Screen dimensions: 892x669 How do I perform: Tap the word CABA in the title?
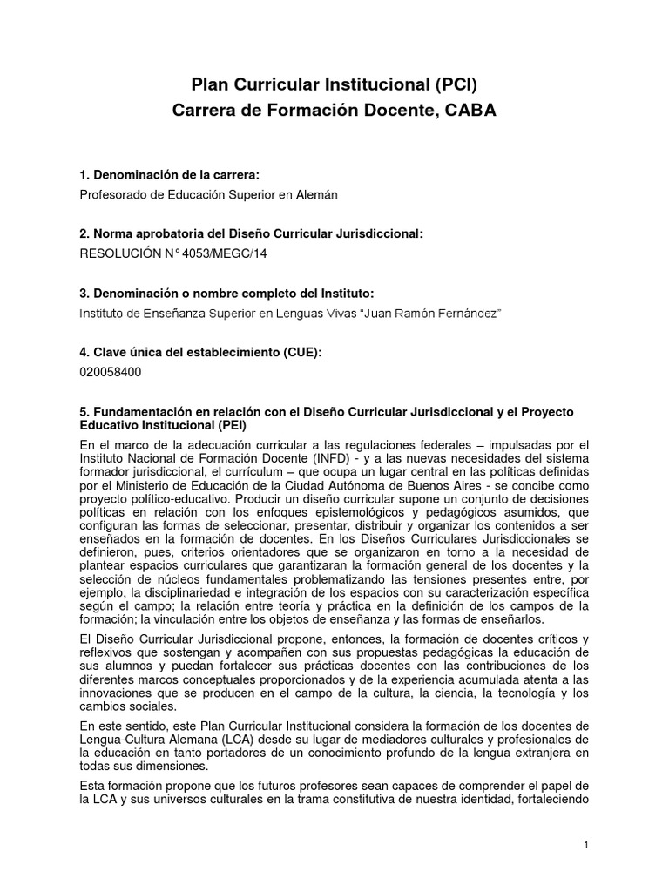[471, 111]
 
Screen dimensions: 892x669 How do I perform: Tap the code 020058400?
[110, 372]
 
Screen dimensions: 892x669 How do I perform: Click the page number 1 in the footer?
[587, 845]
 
